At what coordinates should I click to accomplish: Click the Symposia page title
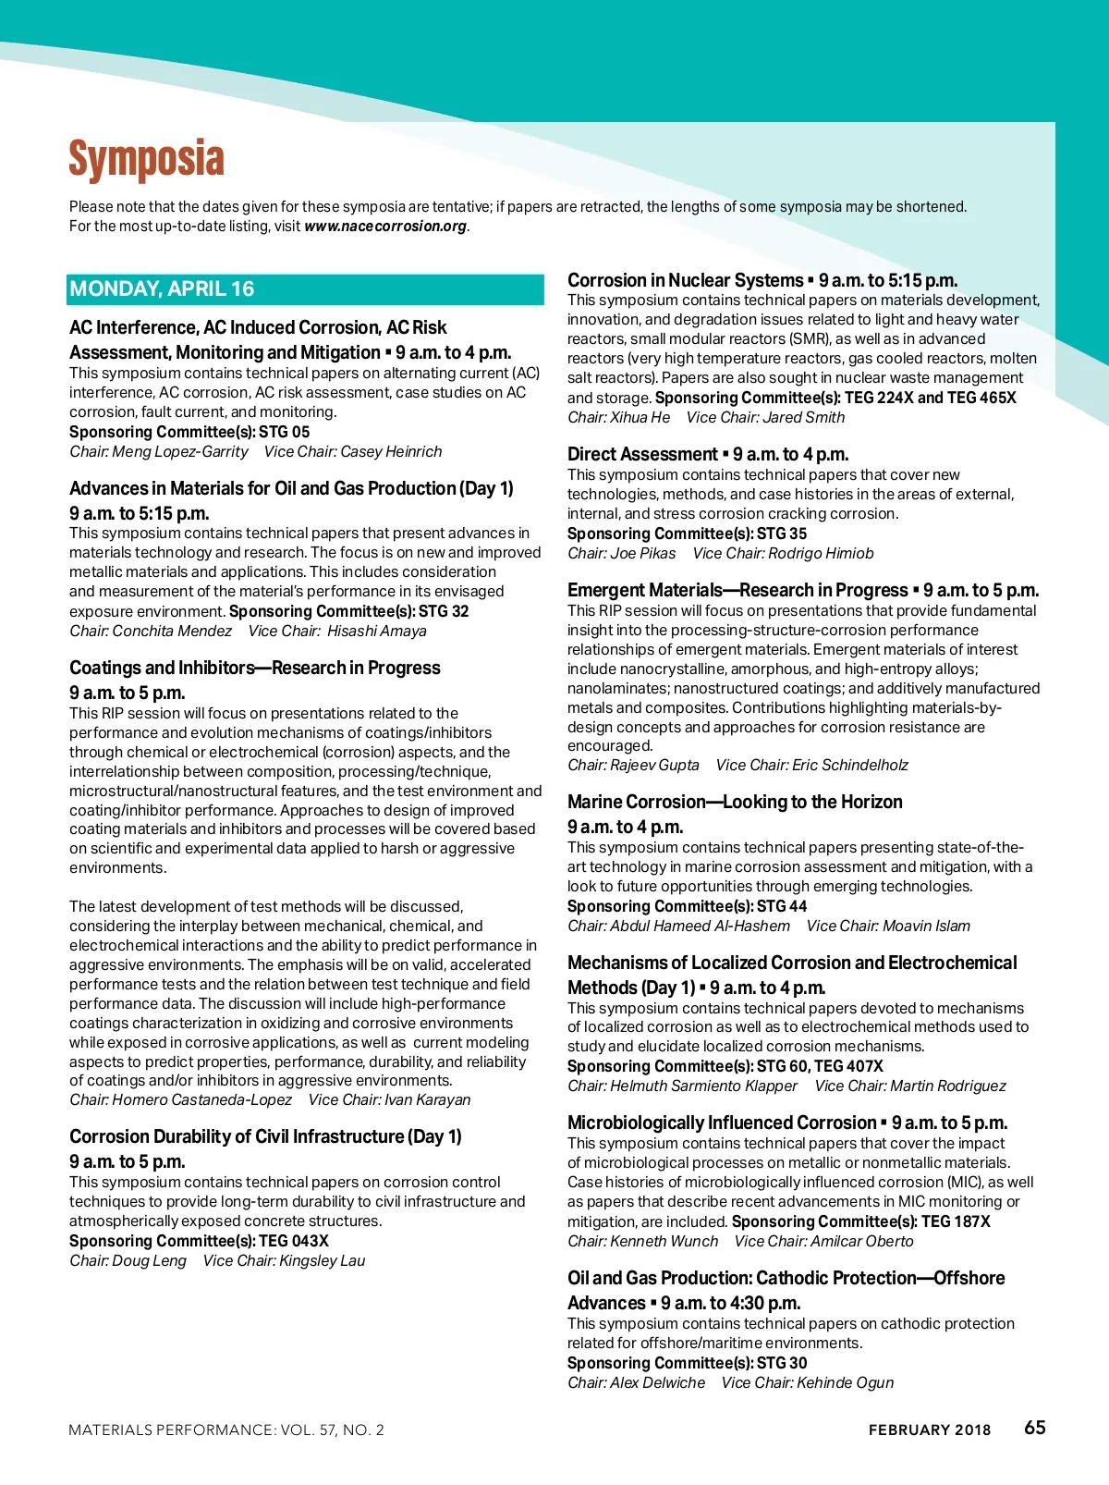pos(146,159)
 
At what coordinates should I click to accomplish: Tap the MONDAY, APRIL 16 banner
pos(162,288)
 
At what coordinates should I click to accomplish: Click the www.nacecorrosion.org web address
pos(385,227)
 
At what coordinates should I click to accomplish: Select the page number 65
pos(1034,1428)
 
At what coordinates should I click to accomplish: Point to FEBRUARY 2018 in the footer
pos(929,1430)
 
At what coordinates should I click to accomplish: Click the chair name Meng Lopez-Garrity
pos(180,452)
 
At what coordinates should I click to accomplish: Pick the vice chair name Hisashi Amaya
pos(377,632)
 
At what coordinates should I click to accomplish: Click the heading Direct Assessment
pos(642,454)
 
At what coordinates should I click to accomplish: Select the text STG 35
pos(782,534)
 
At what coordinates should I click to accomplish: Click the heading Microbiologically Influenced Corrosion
pos(722,1123)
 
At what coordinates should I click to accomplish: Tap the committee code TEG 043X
pos(294,1241)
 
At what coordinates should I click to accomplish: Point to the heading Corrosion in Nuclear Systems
pos(685,280)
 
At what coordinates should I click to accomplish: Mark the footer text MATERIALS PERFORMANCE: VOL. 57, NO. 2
pos(226,1430)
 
